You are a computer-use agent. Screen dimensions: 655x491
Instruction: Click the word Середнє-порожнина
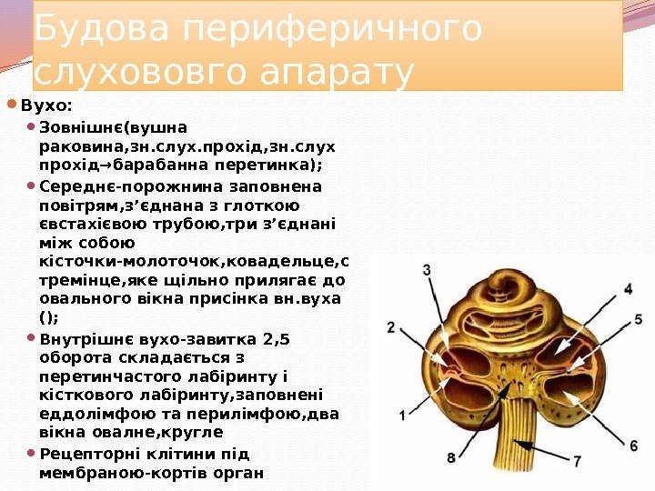pyautogui.click(x=116, y=186)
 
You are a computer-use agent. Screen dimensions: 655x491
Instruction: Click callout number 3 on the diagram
pyautogui.click(x=427, y=269)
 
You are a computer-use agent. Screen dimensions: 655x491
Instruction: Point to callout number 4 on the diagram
pyautogui.click(x=628, y=289)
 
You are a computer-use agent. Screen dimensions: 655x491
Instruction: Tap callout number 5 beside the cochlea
pyautogui.click(x=638, y=319)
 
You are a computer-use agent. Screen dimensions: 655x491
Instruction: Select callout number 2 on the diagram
pyautogui.click(x=390, y=327)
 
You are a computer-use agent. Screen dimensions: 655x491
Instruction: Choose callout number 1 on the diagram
pyautogui.click(x=402, y=416)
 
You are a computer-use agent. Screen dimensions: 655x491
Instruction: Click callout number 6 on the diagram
pyautogui.click(x=633, y=445)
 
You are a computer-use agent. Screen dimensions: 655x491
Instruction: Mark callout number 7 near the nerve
pyautogui.click(x=578, y=462)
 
